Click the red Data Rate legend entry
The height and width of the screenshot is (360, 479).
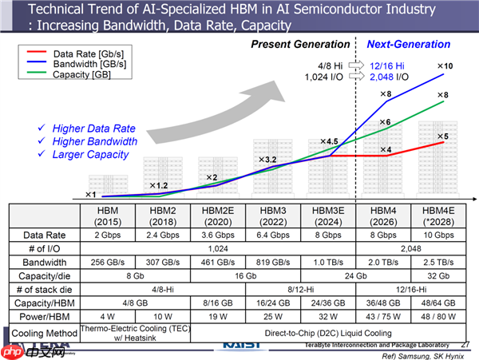pyautogui.click(x=80, y=53)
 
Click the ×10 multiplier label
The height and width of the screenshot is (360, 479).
pyautogui.click(x=445, y=65)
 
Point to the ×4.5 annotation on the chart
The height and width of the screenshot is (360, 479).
pyautogui.click(x=330, y=141)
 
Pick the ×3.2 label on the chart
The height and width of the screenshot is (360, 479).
pyautogui.click(x=266, y=160)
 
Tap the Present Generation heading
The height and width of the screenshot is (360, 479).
pyautogui.click(x=300, y=44)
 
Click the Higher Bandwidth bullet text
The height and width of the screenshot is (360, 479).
pyautogui.click(x=95, y=141)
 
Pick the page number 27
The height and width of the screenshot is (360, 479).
pyautogui.click(x=465, y=344)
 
